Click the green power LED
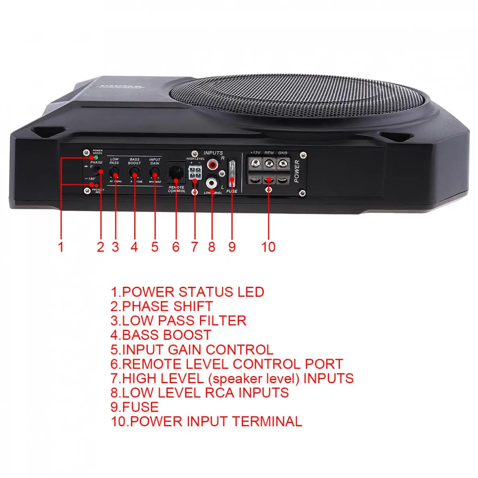[x=96, y=157]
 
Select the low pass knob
[x=115, y=173]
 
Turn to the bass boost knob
[x=134, y=173]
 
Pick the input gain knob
[x=154, y=173]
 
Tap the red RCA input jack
[x=211, y=165]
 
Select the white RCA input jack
[x=211, y=183]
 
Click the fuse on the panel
[x=232, y=174]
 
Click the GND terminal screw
[x=283, y=163]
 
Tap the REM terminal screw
[x=269, y=163]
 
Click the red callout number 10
[x=268, y=246]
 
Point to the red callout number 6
[x=176, y=246]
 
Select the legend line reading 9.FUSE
[x=135, y=407]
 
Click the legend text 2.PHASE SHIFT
[x=161, y=306]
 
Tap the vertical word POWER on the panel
[x=297, y=171]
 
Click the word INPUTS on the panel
[x=213, y=153]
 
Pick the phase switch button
[x=96, y=171]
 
